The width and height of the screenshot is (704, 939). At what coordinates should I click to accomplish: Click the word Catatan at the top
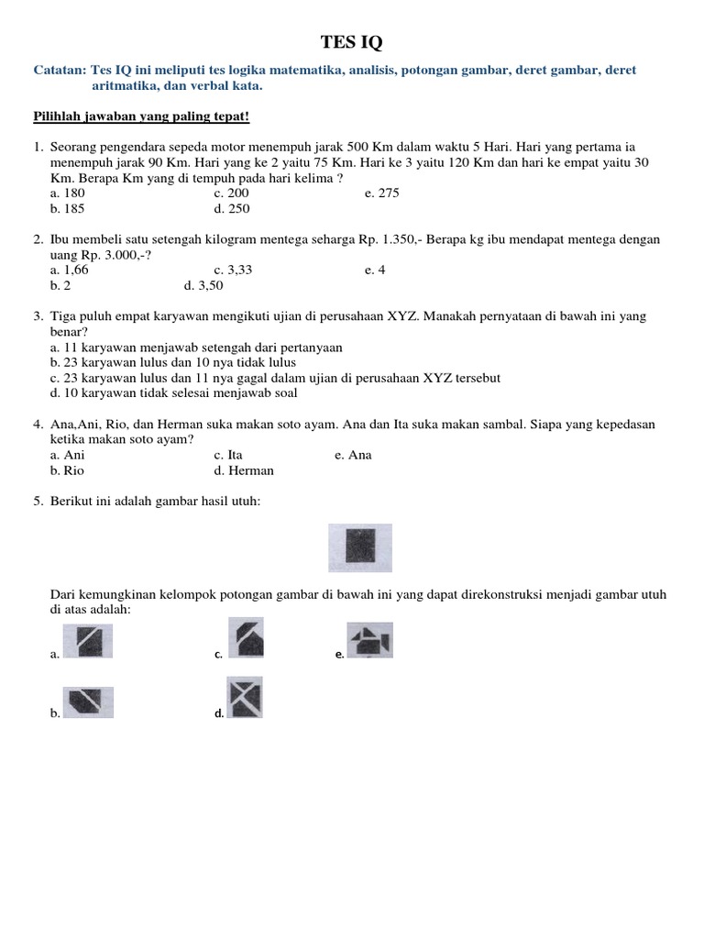pyautogui.click(x=59, y=71)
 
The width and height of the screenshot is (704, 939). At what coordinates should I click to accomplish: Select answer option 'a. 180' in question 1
pyautogui.click(x=68, y=193)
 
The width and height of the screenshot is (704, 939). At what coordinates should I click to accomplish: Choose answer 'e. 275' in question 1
pyautogui.click(x=381, y=193)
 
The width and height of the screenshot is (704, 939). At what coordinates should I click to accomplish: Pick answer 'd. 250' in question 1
pyautogui.click(x=231, y=208)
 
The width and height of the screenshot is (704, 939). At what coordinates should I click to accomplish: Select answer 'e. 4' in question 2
pyautogui.click(x=374, y=271)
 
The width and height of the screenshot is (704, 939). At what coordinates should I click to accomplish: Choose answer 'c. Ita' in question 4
pyautogui.click(x=227, y=456)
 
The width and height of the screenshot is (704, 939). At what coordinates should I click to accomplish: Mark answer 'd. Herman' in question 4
pyautogui.click(x=244, y=470)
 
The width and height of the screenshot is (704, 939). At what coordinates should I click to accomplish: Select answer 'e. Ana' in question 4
pyautogui.click(x=353, y=456)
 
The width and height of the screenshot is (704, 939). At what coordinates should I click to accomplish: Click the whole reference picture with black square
pyautogui.click(x=360, y=547)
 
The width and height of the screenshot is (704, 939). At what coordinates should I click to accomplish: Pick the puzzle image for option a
pyautogui.click(x=88, y=640)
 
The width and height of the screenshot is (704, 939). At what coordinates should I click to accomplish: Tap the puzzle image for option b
pyautogui.click(x=88, y=701)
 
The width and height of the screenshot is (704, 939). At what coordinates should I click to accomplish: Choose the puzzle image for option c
pyautogui.click(x=245, y=636)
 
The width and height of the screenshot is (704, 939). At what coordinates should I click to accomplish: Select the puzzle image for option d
pyautogui.click(x=245, y=698)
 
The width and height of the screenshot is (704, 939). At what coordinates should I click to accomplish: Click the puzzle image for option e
pyautogui.click(x=369, y=640)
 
